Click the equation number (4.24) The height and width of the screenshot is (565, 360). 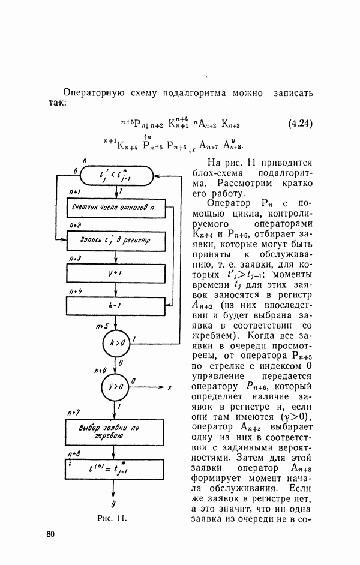[301, 124]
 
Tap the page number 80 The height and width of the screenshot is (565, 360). [52, 534]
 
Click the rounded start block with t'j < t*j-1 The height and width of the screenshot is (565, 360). [118, 175]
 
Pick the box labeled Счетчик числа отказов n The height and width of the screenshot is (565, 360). [113, 208]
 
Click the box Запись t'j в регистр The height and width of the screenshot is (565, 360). [113, 240]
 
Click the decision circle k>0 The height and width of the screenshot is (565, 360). [114, 344]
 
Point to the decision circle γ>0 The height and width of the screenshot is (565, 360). [114, 387]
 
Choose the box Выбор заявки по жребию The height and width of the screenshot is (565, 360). [113, 431]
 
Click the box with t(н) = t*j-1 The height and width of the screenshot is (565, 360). [114, 467]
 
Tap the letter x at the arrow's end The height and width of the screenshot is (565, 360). [170, 388]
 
